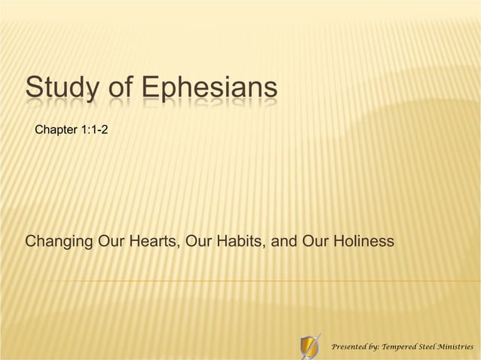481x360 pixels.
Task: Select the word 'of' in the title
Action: (x=121, y=88)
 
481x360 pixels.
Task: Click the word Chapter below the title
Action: (x=55, y=132)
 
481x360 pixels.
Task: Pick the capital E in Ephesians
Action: (x=152, y=88)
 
